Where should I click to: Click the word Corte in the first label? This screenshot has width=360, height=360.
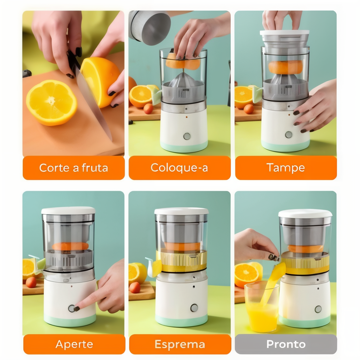coord(54,168)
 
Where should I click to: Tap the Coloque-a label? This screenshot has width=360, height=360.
coord(179,168)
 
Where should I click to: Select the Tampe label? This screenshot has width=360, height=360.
coord(286,168)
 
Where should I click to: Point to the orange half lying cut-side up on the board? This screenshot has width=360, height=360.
coord(52,103)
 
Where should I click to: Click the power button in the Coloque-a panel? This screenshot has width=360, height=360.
coord(187,136)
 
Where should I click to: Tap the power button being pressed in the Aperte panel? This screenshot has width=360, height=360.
coord(72,308)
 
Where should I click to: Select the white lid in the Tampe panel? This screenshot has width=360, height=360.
coord(284,33)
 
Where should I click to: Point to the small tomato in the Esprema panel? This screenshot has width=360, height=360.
coord(135,287)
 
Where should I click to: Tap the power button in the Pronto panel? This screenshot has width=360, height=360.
coord(318,309)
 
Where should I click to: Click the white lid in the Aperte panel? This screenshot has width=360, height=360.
coord(68,210)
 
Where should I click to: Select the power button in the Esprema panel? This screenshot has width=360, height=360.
coord(194,308)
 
